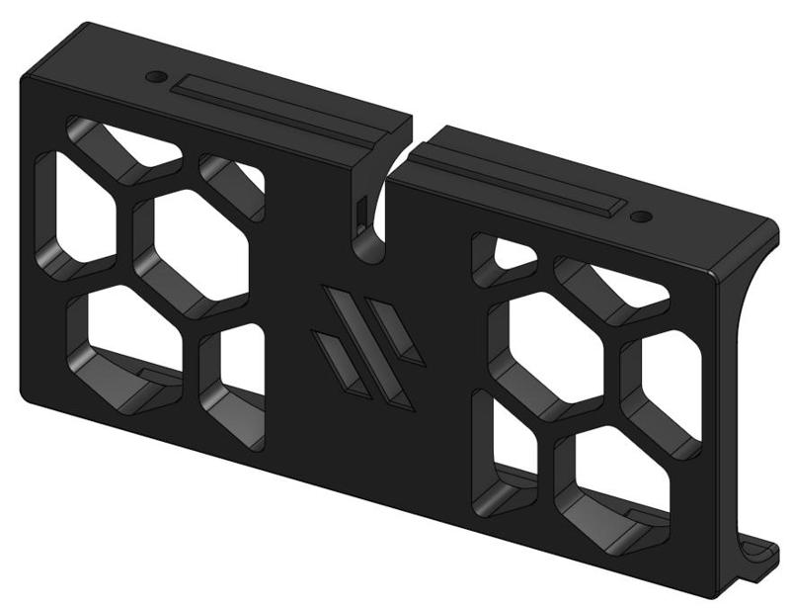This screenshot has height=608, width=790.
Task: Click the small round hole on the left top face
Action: click(x=154, y=76)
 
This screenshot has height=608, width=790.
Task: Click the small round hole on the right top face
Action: click(x=641, y=217)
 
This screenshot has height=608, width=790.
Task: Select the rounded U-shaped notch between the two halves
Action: click(x=371, y=237)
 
